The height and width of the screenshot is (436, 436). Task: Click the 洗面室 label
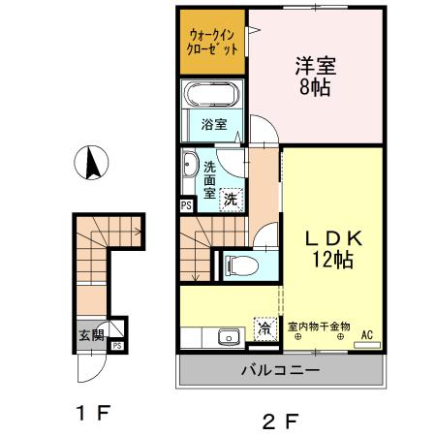(x=210, y=178)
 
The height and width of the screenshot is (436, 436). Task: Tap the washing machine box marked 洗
(x=231, y=199)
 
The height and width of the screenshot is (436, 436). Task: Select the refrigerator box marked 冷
(x=265, y=329)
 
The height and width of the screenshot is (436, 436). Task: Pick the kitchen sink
(x=229, y=337)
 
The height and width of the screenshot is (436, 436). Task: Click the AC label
(x=367, y=335)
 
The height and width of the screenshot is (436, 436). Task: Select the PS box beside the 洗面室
(x=186, y=205)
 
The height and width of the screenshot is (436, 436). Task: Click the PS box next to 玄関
(x=116, y=345)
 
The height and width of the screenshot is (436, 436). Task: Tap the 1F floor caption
(x=93, y=411)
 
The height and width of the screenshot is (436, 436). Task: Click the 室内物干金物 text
(x=319, y=327)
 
